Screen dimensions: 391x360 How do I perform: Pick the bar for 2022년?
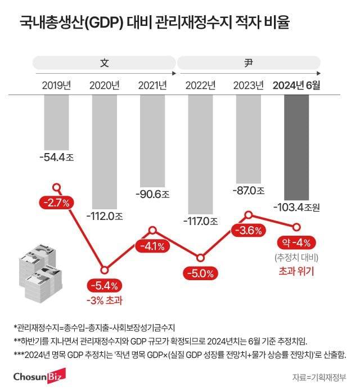pos(200,152)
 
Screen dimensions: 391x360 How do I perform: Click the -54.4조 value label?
pos(55,159)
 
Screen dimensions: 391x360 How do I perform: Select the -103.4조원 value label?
pos(296,208)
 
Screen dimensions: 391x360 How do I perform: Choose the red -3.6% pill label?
pos(247,231)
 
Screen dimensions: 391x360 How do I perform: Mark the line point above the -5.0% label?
pos(200,258)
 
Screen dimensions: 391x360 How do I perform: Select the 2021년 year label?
pos(152,86)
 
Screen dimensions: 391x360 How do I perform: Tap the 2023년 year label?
pos(249,86)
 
